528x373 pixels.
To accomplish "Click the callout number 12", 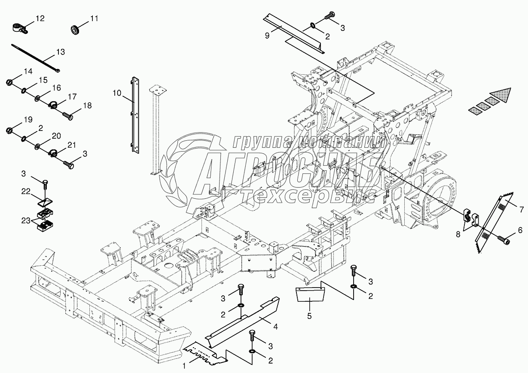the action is click(40, 18).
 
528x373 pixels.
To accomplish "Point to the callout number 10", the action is click(117, 93).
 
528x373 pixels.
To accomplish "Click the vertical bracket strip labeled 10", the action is click(135, 115).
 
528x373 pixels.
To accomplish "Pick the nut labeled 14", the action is click(9, 82).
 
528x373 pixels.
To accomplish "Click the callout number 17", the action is click(72, 97).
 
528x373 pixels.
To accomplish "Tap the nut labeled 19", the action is click(9, 130).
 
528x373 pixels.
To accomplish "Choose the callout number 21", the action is click(71, 145).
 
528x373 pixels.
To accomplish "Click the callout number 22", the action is click(26, 191).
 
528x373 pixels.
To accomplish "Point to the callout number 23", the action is click(26, 221).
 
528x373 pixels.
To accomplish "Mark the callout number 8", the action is click(458, 234).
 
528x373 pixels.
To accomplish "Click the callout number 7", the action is click(522, 209).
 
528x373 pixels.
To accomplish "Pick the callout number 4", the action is click(275, 327).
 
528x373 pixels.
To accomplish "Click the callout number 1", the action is click(184, 366).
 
